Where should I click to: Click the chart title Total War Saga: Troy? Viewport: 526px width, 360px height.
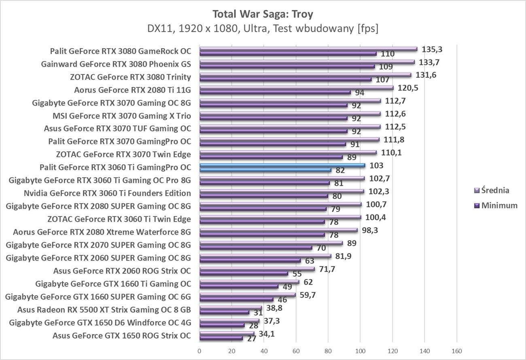[263, 15]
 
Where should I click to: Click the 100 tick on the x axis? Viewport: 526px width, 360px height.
[360, 351]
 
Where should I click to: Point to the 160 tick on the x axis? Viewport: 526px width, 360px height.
[457, 351]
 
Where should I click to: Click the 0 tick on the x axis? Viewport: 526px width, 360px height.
[199, 351]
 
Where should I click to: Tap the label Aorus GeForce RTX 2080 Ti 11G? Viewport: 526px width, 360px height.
[132, 90]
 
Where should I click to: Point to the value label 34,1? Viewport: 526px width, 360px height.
[266, 334]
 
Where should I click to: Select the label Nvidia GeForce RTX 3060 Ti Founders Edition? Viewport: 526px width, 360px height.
[107, 193]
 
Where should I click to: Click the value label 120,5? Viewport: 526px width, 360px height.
[406, 88]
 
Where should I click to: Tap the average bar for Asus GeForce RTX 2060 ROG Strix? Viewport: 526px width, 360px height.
[257, 269]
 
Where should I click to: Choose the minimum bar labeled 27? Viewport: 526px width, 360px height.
[221, 338]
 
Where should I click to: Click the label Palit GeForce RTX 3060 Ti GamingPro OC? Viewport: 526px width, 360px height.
[115, 167]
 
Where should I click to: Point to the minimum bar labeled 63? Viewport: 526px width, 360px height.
[250, 260]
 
